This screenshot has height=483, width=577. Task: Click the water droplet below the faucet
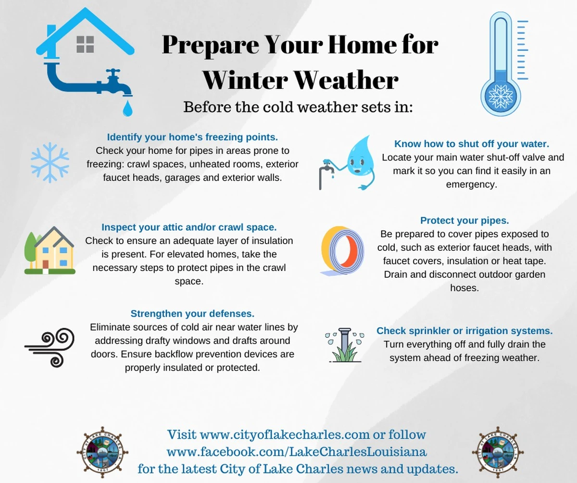click(127, 108)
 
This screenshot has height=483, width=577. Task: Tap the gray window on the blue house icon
click(85, 44)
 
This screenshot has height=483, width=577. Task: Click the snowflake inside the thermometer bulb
click(501, 97)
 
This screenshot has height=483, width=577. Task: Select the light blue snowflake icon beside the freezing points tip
click(50, 162)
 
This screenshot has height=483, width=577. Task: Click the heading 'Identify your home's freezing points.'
click(192, 137)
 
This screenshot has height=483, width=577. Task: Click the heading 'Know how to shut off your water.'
click(471, 144)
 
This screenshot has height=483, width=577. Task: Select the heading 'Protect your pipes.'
click(464, 221)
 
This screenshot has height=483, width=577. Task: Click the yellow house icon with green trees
click(50, 250)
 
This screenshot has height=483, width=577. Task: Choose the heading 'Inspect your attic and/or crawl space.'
click(189, 227)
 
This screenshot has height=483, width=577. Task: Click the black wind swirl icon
click(50, 347)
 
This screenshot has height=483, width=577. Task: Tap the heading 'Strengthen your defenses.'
click(192, 314)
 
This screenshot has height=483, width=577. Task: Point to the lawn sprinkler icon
click(345, 345)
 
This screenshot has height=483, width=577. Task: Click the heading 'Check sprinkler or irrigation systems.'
click(464, 331)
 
